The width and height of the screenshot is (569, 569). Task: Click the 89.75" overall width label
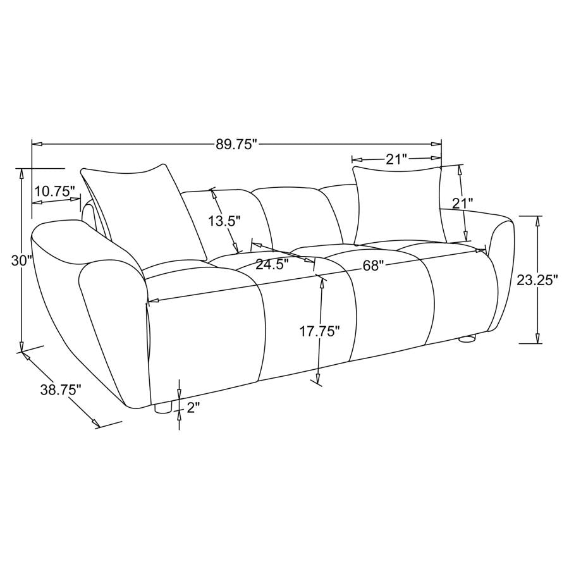coord(237,144)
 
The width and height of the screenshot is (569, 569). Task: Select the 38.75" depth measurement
coord(61,390)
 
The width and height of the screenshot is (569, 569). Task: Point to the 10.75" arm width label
coord(55,190)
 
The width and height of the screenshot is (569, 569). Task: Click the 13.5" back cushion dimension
coord(225,221)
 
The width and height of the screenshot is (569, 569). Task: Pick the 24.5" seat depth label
coord(272,264)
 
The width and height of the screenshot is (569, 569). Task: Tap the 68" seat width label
coord(374,266)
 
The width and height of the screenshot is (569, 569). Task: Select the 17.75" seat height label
coord(320,331)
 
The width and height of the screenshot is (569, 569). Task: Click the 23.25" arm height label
coord(537,280)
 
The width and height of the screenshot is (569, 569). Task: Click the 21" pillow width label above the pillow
coord(396,159)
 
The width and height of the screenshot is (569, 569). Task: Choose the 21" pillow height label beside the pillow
coord(462,204)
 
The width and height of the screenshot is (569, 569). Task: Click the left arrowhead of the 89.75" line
coord(36,144)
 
